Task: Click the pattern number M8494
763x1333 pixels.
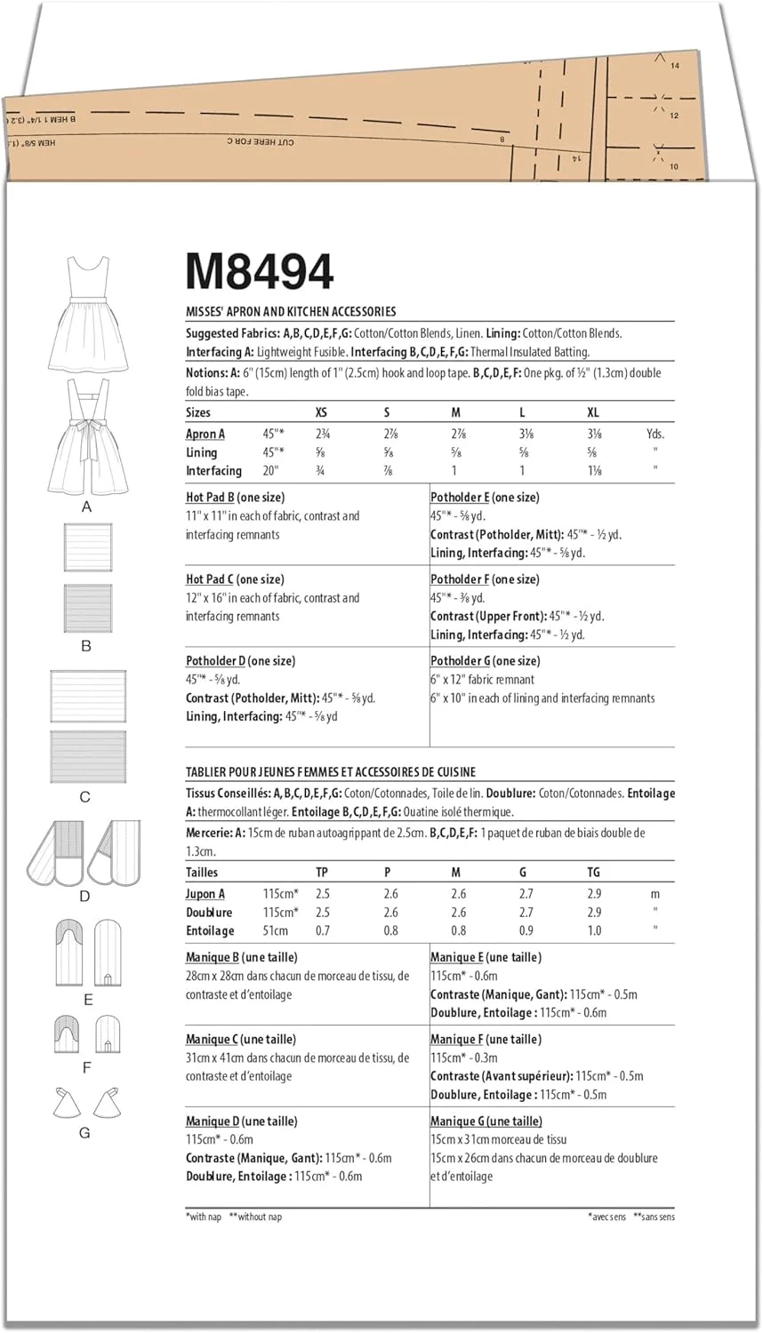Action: [x=260, y=272]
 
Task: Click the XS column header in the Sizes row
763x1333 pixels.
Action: [x=322, y=412]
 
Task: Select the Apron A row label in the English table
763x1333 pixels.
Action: [x=205, y=435]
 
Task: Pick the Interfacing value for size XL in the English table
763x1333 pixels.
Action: [x=593, y=471]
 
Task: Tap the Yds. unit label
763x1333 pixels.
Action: [x=655, y=435]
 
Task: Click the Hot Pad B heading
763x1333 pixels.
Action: [x=235, y=498]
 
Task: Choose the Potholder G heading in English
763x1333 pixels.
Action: [x=485, y=661]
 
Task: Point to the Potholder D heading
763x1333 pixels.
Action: [x=240, y=661]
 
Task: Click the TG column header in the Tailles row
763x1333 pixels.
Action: [x=593, y=873]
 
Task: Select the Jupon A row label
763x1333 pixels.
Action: [x=205, y=894]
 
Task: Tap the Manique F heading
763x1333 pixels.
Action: [x=486, y=1040]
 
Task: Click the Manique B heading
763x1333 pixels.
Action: [x=241, y=958]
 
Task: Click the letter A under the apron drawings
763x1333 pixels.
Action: [x=86, y=507]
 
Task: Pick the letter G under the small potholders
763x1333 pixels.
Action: [x=84, y=1133]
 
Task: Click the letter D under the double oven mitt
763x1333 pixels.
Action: [x=85, y=897]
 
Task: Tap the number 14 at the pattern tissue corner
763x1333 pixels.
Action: [x=675, y=66]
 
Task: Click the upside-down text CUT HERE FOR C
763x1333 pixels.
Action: [x=260, y=141]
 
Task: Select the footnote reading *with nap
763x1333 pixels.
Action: [x=204, y=1217]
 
